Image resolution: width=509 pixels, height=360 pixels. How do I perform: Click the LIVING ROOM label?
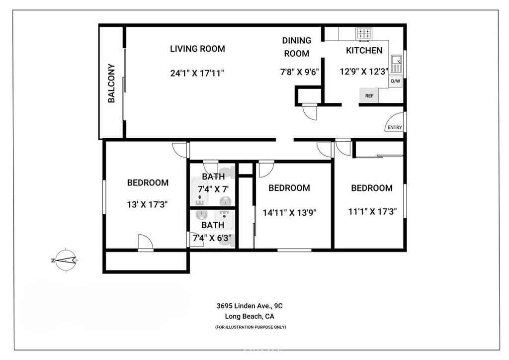point(197,49)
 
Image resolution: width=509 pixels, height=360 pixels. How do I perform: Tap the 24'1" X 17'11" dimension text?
point(197,73)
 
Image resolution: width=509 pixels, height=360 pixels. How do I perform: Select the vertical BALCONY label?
point(112,84)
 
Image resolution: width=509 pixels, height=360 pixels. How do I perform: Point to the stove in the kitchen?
point(364,34)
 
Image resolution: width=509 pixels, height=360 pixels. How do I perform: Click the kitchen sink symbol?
point(397,65)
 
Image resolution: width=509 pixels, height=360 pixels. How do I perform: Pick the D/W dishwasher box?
point(396,81)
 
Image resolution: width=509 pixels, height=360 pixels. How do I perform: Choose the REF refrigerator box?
point(369,95)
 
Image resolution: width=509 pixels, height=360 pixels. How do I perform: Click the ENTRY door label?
point(394,127)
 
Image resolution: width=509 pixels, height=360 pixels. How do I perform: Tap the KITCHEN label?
point(364,50)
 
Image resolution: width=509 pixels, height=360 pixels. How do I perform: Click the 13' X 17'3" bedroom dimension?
point(148,204)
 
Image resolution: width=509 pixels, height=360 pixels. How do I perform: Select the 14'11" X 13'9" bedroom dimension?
point(289,212)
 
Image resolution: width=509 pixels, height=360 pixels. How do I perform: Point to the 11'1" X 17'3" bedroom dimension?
point(372,211)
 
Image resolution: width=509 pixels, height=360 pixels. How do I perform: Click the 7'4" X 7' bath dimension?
point(213,189)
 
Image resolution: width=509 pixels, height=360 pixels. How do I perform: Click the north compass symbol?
point(65,259)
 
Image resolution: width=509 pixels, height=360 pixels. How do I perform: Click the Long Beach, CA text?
point(250,316)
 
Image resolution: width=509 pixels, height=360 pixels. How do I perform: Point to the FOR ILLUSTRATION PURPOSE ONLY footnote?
point(250,327)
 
